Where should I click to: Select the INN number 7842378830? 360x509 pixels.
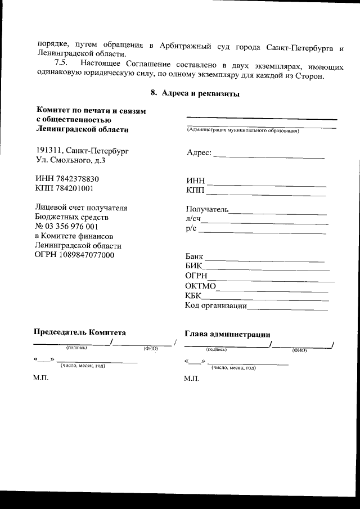click(x=78, y=179)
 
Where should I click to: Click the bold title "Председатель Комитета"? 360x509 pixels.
click(x=80, y=332)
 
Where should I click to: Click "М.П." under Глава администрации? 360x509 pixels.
click(x=192, y=379)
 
